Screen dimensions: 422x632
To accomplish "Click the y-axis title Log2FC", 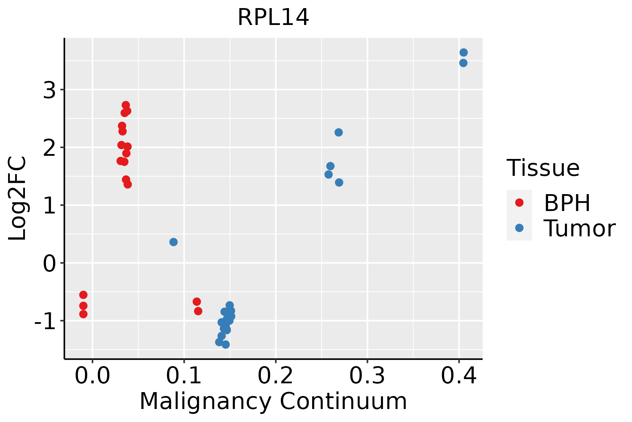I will pos(18,199).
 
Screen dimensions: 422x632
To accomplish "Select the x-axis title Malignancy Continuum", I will pos(273,401).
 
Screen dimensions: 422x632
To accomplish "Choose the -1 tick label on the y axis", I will pos(45,321).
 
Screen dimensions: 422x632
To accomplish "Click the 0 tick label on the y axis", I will pos(50,263).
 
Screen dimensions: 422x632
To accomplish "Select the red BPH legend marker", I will pos(519,203).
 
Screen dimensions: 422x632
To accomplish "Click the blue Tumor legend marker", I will pos(519,228).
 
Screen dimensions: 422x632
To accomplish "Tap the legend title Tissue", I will pos(543,168).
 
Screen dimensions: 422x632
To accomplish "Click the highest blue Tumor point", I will pos(463,52).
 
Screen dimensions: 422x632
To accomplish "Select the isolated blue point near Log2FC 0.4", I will pos(173,242).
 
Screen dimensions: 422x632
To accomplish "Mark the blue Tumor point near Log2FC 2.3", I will pos(338,132).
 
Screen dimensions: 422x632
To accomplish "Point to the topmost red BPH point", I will pos(126,105).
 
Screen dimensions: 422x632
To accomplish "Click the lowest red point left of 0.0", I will pos(83,314).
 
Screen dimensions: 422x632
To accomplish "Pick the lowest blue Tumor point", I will pos(226,344).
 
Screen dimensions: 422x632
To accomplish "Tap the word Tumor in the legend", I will pos(579,229).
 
